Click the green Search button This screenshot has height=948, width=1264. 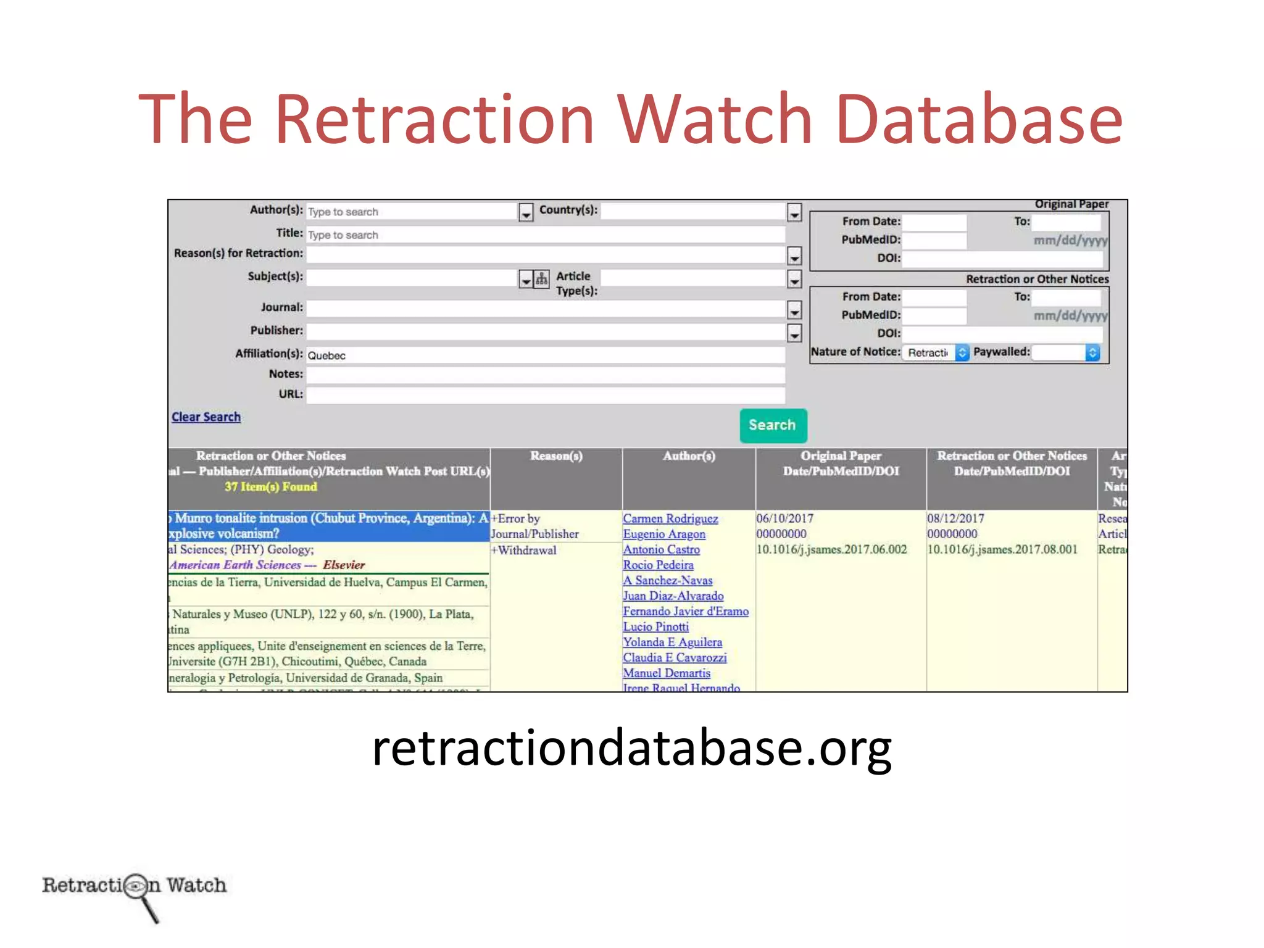[773, 425]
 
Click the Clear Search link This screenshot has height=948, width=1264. [206, 417]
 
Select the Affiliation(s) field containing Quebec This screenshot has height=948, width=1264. [546, 355]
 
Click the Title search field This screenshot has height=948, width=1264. [546, 235]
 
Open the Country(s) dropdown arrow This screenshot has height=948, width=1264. [794, 213]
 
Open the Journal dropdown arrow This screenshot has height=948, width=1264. [794, 310]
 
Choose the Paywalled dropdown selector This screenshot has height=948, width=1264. [1067, 352]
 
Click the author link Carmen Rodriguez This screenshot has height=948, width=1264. [670, 519]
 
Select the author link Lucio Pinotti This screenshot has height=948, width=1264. [655, 627]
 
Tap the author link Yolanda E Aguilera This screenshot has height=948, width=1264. [672, 642]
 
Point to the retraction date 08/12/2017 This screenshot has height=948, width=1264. [955, 519]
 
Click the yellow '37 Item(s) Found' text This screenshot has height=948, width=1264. [271, 487]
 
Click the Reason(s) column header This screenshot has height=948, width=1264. [556, 456]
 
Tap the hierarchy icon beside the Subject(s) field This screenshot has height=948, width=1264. [541, 280]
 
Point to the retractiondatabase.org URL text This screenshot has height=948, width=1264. [632, 747]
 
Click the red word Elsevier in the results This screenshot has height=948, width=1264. [344, 565]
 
